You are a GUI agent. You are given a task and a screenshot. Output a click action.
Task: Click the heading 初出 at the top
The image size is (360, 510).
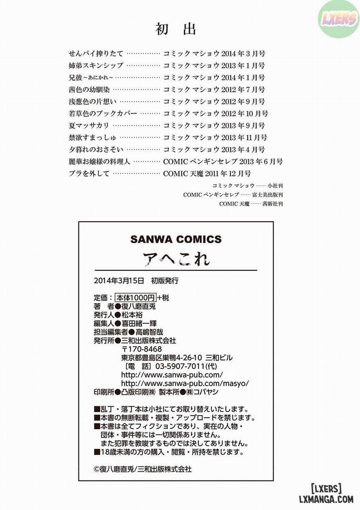click(x=176, y=29)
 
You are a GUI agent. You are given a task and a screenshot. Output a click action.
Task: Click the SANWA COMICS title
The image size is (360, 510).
click(x=176, y=239)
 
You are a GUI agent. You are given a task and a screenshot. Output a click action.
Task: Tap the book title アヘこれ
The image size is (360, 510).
click(x=176, y=258)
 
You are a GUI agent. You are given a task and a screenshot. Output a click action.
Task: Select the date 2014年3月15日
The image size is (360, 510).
click(x=119, y=281)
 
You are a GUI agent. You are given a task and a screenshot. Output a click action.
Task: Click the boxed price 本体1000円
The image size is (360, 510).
click(x=135, y=298)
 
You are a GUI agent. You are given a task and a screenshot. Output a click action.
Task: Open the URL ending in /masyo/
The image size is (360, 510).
click(x=185, y=384)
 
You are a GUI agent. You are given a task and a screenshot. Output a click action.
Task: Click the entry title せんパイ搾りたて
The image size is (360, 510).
click(x=96, y=54)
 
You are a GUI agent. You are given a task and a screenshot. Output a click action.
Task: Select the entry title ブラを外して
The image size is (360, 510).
click(x=89, y=173)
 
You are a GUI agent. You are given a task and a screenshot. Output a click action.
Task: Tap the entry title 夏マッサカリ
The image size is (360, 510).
click(x=89, y=126)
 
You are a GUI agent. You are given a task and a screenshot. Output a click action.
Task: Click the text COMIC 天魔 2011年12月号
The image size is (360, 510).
click(x=207, y=173)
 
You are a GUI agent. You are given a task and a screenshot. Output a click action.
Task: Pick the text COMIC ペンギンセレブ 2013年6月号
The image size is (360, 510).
click(x=223, y=162)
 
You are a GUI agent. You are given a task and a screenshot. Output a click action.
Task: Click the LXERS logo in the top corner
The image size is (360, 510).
click(x=338, y=19)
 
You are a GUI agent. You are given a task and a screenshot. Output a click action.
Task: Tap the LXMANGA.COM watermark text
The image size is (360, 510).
click(x=326, y=499)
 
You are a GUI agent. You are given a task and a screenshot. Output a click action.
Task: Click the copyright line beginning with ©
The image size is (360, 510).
click(x=143, y=469)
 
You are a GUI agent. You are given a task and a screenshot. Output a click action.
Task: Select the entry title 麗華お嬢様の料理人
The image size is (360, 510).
click(x=99, y=162)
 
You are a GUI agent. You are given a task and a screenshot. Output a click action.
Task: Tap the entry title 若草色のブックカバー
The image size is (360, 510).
click(x=103, y=113)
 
